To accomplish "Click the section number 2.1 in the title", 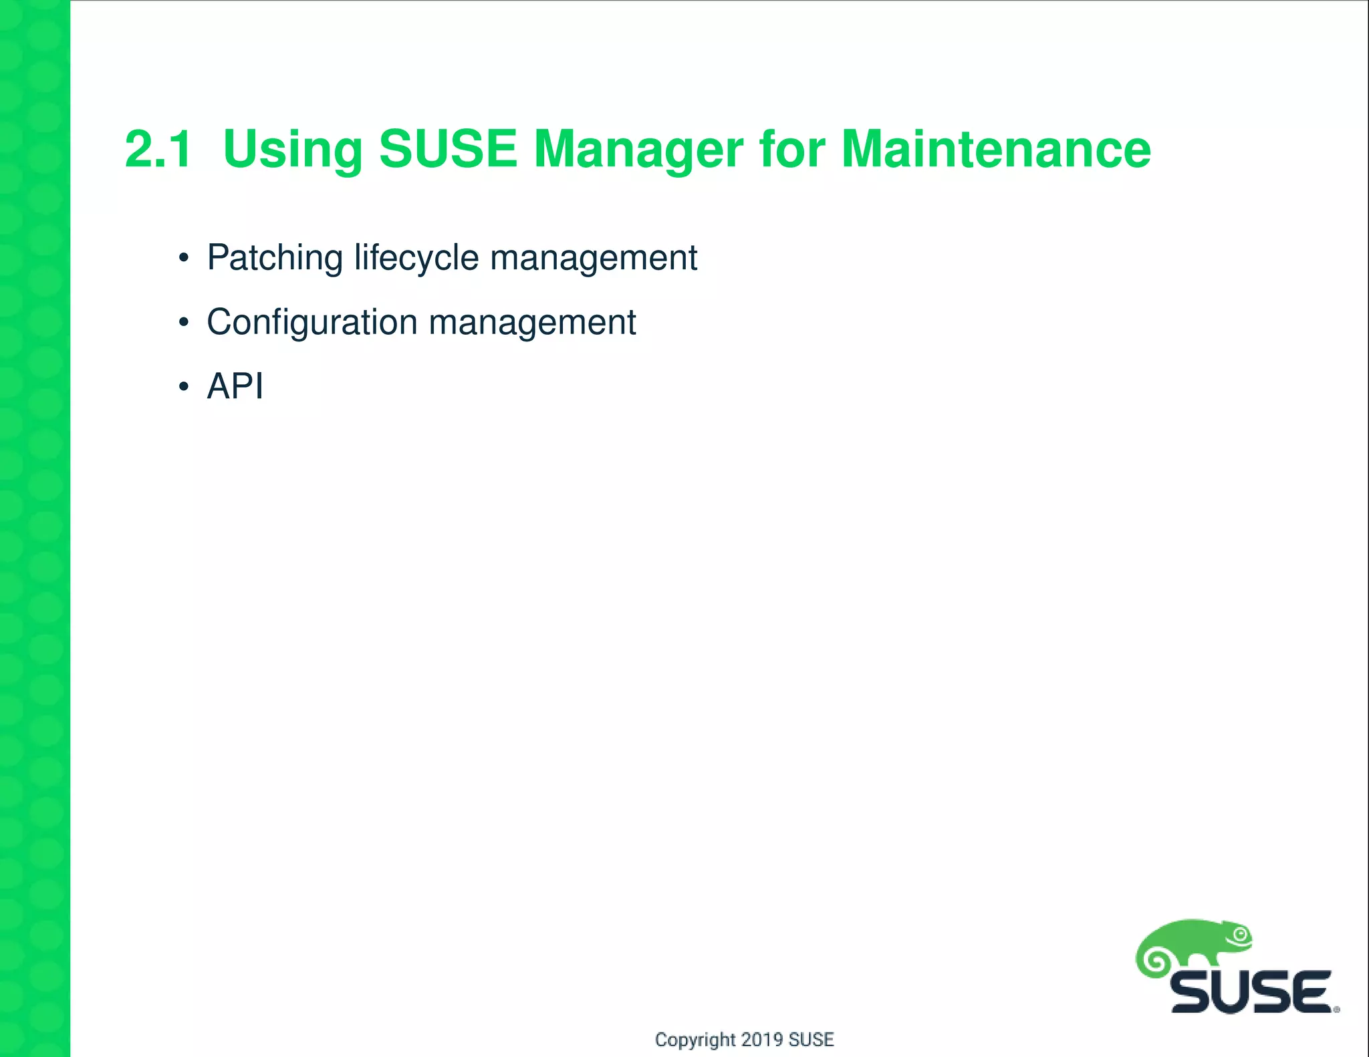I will tap(158, 149).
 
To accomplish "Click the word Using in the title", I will tap(292, 149).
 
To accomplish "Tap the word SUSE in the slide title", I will tap(447, 149).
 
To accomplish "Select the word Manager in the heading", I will tap(638, 149).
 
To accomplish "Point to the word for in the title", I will tap(791, 149).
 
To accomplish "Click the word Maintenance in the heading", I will tap(996, 149).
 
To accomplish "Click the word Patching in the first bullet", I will tap(275, 258).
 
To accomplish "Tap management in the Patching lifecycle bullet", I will tap(594, 258).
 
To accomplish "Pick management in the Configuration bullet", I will tap(532, 322).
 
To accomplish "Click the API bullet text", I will tap(235, 386).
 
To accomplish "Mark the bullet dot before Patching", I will tap(184, 259).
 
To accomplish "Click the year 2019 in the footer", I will tap(763, 1039).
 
